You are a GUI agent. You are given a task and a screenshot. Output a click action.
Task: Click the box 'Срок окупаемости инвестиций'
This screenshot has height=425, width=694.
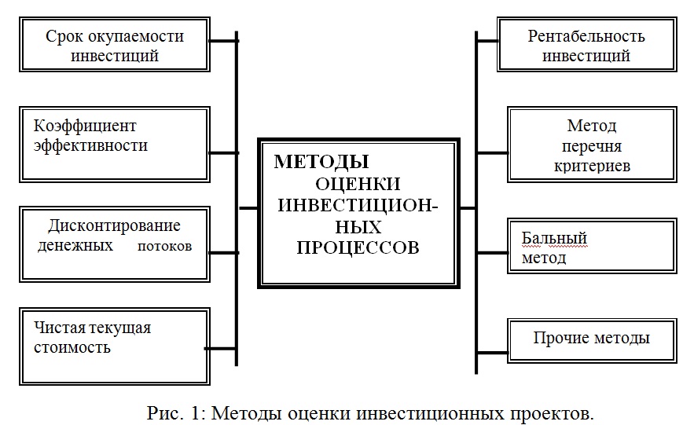pyautogui.click(x=115, y=46)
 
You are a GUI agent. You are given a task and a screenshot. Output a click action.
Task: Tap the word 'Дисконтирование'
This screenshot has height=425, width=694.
pyautogui.click(x=115, y=226)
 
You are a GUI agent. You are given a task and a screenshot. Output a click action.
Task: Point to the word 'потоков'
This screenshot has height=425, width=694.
pyautogui.click(x=164, y=247)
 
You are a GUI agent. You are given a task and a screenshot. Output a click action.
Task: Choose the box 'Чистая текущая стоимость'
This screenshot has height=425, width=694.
pyautogui.click(x=115, y=336)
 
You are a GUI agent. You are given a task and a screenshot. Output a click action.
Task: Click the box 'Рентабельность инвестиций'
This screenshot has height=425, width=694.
pyautogui.click(x=586, y=46)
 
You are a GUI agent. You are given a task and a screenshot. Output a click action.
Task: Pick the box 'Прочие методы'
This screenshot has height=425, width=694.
pyautogui.click(x=591, y=339)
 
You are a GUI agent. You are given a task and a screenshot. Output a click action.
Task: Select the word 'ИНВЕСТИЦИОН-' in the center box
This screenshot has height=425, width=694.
pyautogui.click(x=358, y=205)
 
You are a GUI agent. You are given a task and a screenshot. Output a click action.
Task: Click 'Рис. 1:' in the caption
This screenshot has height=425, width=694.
pyautogui.click(x=177, y=412)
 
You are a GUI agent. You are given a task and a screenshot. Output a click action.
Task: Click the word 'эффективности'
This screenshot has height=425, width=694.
pyautogui.click(x=91, y=146)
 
